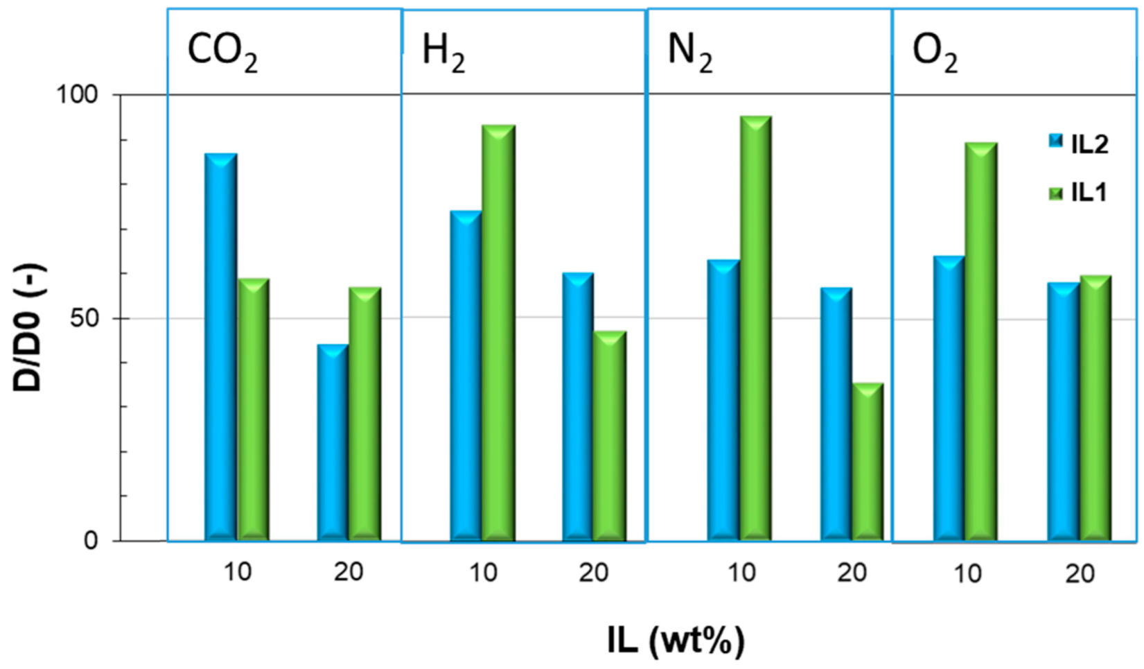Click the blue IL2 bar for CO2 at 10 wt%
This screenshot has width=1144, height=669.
(x=221, y=347)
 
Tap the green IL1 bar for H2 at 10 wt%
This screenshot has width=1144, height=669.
(x=498, y=333)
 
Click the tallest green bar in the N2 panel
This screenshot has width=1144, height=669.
(x=755, y=329)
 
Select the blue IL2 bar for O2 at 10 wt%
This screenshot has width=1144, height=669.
(x=949, y=399)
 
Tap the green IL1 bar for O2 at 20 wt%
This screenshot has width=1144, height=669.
(x=1095, y=408)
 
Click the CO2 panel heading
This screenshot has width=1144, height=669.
(x=222, y=52)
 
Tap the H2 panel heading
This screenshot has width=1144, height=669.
(x=443, y=52)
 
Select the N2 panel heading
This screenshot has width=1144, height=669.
(x=689, y=52)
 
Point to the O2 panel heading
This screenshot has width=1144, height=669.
(x=935, y=52)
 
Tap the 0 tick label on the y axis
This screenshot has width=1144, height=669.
(x=91, y=541)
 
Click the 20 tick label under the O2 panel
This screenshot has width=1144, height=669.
(x=1080, y=573)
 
